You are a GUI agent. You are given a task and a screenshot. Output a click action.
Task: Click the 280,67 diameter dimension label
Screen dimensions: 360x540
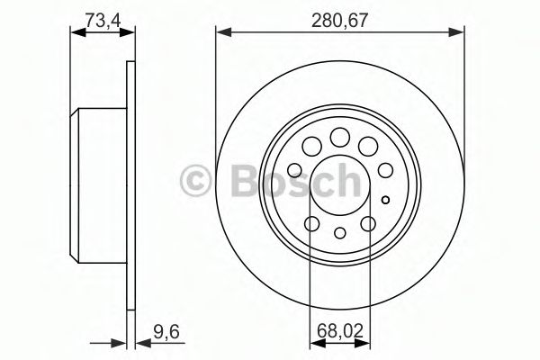(339, 15)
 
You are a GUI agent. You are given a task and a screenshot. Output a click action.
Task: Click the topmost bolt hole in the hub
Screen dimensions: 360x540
(340, 137)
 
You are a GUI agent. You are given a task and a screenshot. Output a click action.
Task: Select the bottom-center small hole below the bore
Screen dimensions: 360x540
(340, 234)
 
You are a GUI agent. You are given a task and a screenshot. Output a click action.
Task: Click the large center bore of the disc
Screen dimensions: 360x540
(340, 186)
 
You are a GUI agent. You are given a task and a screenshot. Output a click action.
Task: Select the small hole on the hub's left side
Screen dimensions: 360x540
(294, 170)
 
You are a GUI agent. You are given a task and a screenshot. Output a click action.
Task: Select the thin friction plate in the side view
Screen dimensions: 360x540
(131, 186)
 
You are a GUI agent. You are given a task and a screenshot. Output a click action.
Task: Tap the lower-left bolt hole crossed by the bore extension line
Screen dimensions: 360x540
(312, 225)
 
